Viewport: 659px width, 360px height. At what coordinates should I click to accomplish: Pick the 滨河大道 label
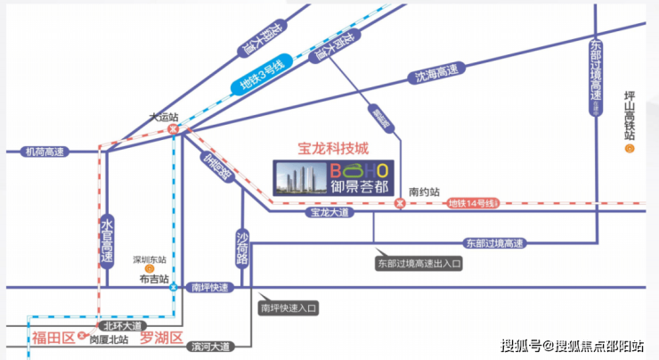pyautogui.click(x=211, y=344)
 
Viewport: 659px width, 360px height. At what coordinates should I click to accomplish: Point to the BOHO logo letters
pyautogui.click(x=359, y=170)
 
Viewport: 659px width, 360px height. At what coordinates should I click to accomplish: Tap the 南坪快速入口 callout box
pyautogui.click(x=288, y=307)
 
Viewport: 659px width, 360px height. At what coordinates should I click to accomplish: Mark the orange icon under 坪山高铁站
pyautogui.click(x=629, y=149)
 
